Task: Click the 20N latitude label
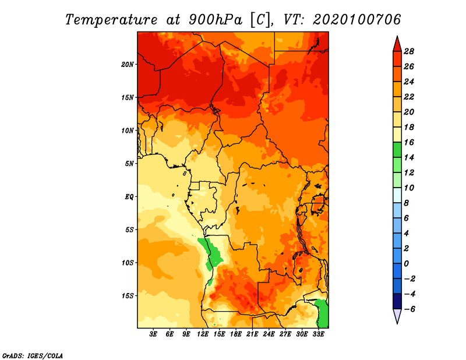[x=128, y=65]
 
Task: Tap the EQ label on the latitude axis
[x=129, y=197]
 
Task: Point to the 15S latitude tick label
[x=128, y=296]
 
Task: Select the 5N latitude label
[x=129, y=164]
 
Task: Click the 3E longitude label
[x=153, y=334]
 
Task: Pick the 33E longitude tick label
[x=318, y=334]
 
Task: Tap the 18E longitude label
[x=236, y=334]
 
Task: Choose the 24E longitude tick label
[x=269, y=334]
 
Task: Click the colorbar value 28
[x=409, y=51]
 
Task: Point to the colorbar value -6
[x=409, y=309]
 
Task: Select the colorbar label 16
[x=409, y=142]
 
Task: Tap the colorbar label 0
[x=406, y=264]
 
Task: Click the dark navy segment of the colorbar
[x=397, y=301]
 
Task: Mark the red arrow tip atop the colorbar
[x=397, y=36]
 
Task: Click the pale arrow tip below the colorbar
[x=397, y=323]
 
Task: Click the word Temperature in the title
[x=111, y=20]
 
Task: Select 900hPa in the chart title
[x=216, y=20]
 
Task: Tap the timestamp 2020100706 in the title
[x=357, y=20]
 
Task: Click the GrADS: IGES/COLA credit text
[x=33, y=356]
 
